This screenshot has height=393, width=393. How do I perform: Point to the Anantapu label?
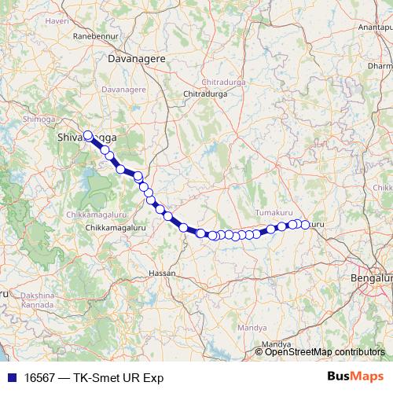point(375,28)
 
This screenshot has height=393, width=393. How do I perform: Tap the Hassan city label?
point(162,273)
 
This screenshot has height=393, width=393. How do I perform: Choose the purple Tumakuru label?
point(274,213)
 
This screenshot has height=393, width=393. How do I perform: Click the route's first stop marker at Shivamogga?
point(88,134)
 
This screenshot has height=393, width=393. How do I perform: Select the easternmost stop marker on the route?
point(306,225)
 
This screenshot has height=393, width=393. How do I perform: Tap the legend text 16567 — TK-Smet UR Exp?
point(90,377)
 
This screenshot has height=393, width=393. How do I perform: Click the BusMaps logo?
point(356,376)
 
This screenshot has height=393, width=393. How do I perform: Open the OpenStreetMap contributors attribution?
point(325,352)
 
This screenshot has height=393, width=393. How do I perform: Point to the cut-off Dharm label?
point(380,67)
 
